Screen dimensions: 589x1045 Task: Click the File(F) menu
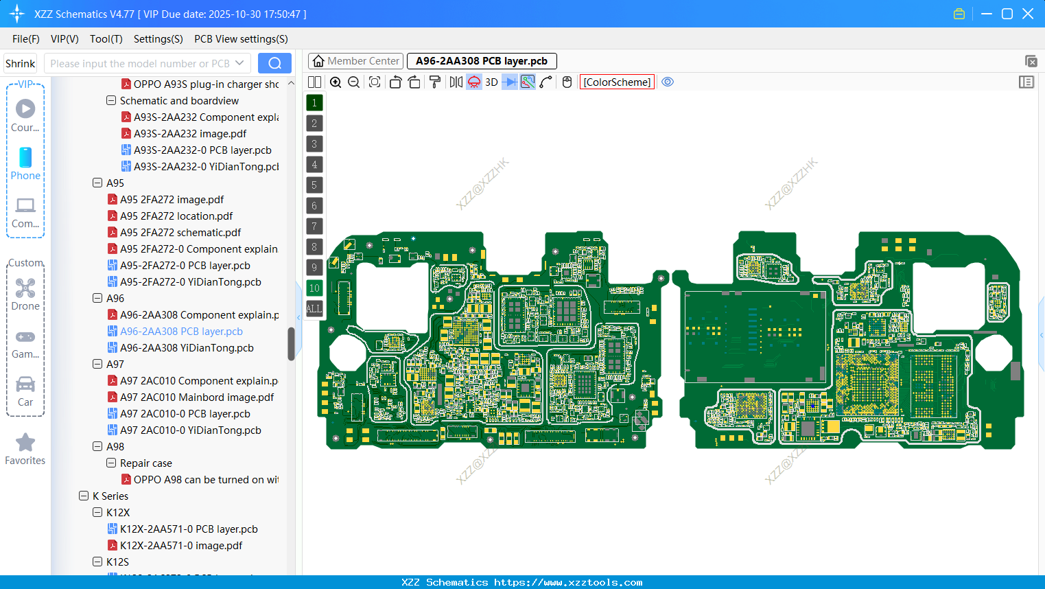click(25, 39)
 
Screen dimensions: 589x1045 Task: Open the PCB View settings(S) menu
click(241, 39)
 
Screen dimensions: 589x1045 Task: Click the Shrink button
click(21, 64)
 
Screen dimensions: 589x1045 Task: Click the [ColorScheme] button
click(617, 82)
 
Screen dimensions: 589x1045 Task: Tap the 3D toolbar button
click(491, 82)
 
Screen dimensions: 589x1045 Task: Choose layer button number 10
click(314, 288)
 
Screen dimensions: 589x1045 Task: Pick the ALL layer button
click(314, 309)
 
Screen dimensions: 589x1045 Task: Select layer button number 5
click(314, 185)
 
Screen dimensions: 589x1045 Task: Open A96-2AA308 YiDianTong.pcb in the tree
click(187, 348)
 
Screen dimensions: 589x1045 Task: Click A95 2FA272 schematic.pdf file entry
click(180, 233)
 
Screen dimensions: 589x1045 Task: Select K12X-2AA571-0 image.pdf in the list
click(181, 546)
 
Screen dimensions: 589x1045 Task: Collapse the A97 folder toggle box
click(97, 365)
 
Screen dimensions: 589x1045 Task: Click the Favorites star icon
click(25, 443)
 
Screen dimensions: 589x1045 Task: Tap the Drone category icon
click(25, 288)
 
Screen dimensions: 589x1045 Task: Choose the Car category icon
click(25, 384)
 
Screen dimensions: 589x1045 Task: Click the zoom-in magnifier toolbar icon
click(336, 82)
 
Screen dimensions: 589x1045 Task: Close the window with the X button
click(1028, 14)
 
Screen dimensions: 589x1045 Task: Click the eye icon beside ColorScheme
click(668, 82)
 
